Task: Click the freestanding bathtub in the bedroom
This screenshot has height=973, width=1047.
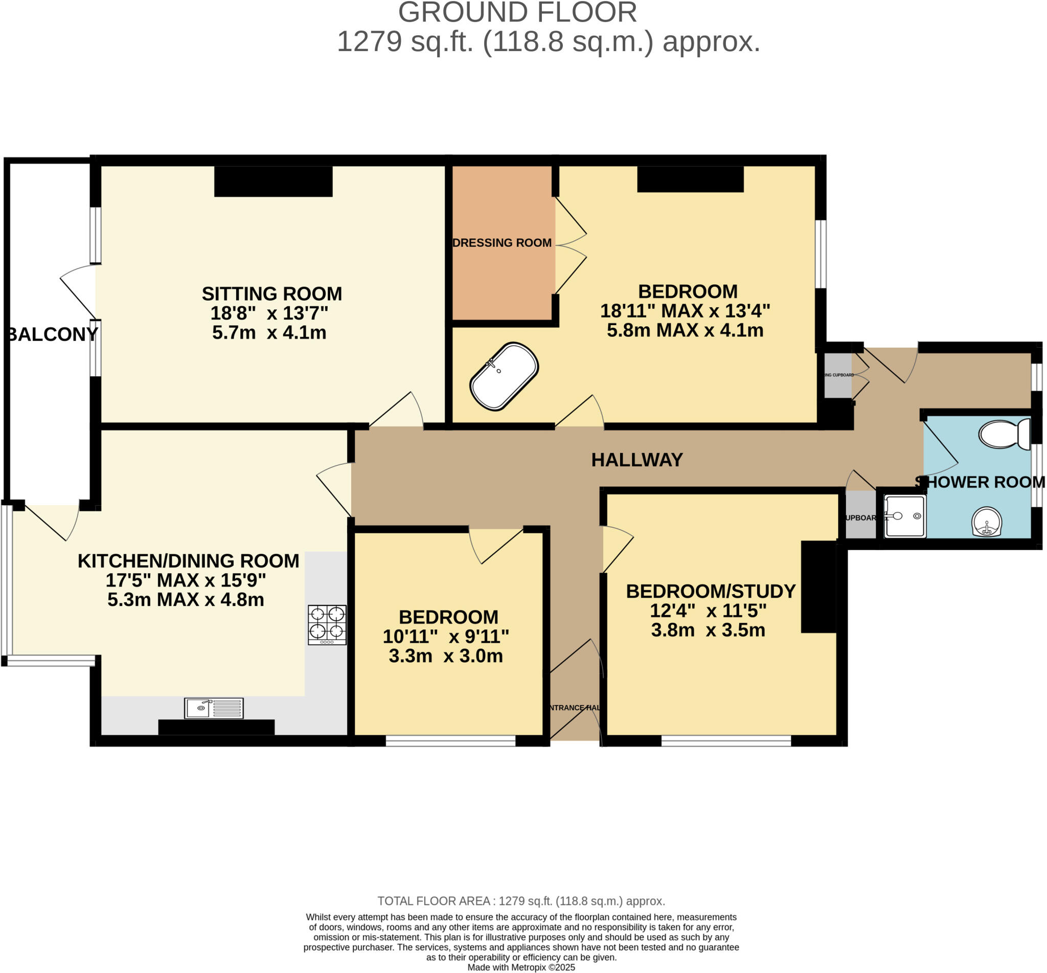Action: pyautogui.click(x=504, y=376)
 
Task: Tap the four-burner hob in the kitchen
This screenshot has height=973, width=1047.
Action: pyautogui.click(x=327, y=624)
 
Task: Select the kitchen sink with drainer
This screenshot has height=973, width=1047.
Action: pyautogui.click(x=214, y=708)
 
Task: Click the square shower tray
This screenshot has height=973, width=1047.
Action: pyautogui.click(x=904, y=516)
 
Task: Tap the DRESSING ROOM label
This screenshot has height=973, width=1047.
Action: pyautogui.click(x=502, y=243)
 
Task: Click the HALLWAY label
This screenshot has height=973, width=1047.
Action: pyautogui.click(x=636, y=460)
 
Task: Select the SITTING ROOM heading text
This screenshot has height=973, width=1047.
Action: pyautogui.click(x=271, y=293)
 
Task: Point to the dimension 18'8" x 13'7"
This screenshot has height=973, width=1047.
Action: pyautogui.click(x=269, y=313)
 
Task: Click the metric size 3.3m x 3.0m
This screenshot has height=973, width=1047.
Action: pyautogui.click(x=445, y=655)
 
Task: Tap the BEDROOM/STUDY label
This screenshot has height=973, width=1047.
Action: pyautogui.click(x=711, y=591)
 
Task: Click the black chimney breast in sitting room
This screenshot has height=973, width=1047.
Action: pyautogui.click(x=273, y=181)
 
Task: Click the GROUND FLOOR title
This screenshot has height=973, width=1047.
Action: pyautogui.click(x=517, y=13)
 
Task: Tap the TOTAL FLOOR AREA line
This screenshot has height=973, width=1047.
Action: pyautogui.click(x=521, y=901)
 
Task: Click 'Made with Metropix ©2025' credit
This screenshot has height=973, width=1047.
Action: pyautogui.click(x=521, y=967)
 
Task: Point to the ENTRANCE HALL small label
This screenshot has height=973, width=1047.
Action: pyautogui.click(x=574, y=708)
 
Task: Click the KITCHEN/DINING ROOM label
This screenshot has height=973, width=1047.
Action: pyautogui.click(x=189, y=561)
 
